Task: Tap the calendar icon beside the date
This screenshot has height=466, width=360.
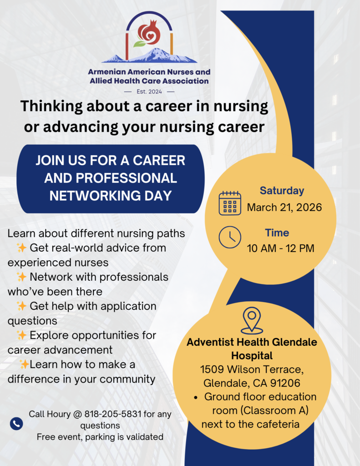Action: (x=230, y=203)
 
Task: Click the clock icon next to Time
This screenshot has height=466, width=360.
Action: (x=230, y=237)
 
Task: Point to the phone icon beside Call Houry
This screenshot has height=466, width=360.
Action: (x=16, y=424)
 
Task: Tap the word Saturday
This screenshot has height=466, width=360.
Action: (x=282, y=191)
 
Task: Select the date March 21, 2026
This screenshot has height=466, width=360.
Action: (x=284, y=208)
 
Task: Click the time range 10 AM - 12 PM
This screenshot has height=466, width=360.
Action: (x=281, y=248)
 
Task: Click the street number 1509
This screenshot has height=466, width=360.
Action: (x=212, y=370)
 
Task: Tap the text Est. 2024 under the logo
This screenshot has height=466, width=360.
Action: (x=149, y=91)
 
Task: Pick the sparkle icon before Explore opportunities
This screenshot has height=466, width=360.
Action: (x=21, y=335)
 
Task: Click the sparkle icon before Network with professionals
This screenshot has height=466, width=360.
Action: (x=21, y=277)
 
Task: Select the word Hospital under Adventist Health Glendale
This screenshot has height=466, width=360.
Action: (x=252, y=356)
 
